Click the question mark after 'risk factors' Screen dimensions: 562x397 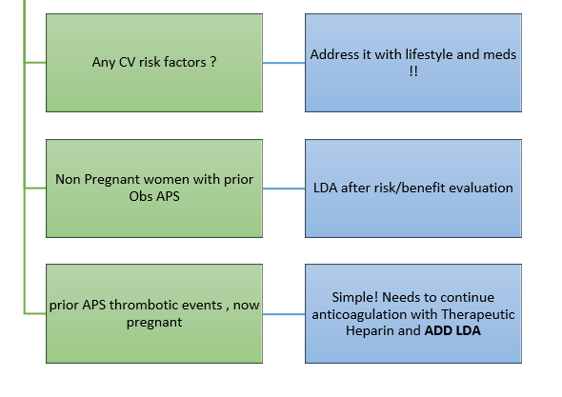(x=213, y=62)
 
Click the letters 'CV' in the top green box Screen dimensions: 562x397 (x=127, y=62)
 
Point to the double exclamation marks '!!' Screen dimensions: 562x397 (x=413, y=71)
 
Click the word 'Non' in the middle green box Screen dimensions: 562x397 (x=68, y=179)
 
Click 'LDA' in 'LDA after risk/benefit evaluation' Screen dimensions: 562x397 (x=325, y=188)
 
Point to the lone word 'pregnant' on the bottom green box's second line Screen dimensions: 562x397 (x=154, y=322)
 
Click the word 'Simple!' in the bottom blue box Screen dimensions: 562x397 (x=355, y=297)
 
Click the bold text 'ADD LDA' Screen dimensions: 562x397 (x=452, y=330)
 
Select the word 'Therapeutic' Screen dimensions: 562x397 (x=478, y=314)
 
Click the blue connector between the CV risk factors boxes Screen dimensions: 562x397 (x=284, y=63)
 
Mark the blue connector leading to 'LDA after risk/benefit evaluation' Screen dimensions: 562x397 (x=284, y=189)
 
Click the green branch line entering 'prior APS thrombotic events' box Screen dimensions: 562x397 (x=35, y=313)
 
